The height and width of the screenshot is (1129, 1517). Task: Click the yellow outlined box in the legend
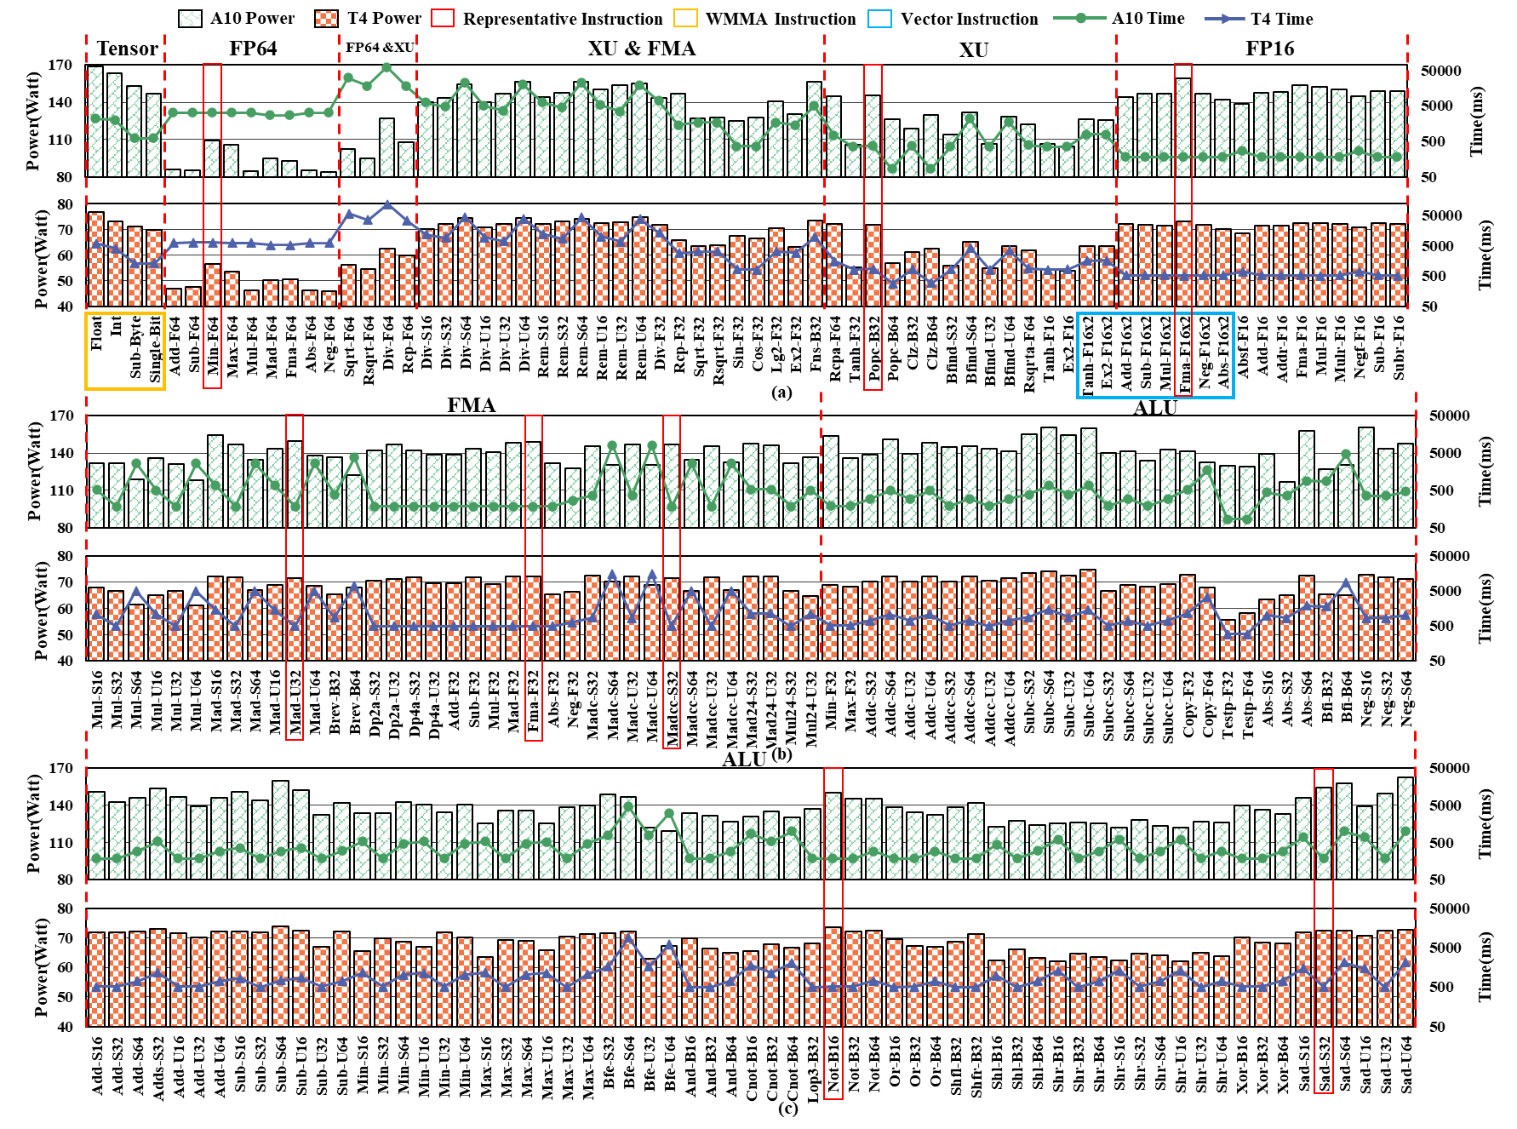[685, 18]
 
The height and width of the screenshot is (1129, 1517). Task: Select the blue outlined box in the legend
[879, 19]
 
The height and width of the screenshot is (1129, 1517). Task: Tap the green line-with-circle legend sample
[1080, 18]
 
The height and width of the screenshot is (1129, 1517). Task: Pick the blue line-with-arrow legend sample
[1225, 18]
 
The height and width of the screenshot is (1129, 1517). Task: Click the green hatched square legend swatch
[191, 19]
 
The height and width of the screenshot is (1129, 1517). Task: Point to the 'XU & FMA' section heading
[642, 49]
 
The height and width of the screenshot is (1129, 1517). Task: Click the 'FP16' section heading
[1269, 49]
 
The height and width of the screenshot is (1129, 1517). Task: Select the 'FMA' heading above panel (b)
[472, 405]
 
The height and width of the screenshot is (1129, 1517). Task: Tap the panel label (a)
[781, 393]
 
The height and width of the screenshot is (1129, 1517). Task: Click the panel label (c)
[788, 1107]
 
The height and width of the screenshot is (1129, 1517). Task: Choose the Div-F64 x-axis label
[388, 349]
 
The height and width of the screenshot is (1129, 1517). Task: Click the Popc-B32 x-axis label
[873, 350]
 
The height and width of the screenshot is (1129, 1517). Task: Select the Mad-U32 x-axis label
[295, 702]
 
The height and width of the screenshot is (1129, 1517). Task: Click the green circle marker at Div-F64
[387, 67]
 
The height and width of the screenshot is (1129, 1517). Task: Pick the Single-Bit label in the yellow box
[155, 349]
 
